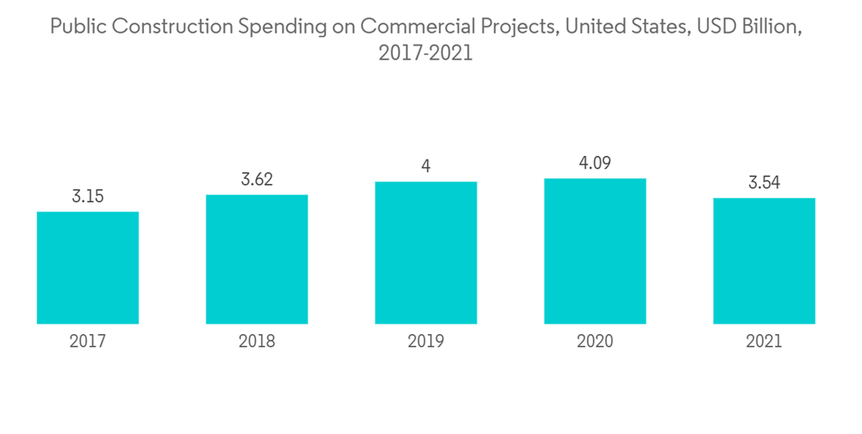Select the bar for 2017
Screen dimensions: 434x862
88,268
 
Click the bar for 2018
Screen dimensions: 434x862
257,259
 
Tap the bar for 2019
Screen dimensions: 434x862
426,253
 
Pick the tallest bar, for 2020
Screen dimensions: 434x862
595,251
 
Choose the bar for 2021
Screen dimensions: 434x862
764,261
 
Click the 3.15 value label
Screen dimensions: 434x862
88,197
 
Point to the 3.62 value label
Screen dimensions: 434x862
257,180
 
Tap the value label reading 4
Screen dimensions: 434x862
426,167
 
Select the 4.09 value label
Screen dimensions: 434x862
595,164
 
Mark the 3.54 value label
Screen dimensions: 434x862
764,183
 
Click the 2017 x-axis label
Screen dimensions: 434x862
88,342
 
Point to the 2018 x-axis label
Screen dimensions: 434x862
257,342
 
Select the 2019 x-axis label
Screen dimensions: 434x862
426,342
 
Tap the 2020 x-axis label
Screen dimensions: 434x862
595,342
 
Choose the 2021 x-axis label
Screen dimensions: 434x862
764,342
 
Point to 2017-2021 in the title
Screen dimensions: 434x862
426,53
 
